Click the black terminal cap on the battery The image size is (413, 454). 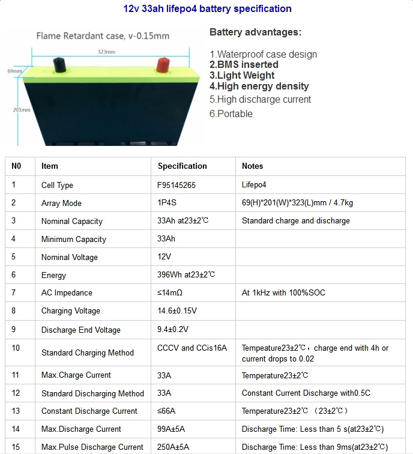point(59,65)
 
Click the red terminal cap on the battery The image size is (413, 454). point(163,65)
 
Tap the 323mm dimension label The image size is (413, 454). point(106,52)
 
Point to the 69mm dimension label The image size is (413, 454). point(15,71)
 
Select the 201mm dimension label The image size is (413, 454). point(22,110)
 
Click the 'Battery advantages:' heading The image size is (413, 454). point(255,32)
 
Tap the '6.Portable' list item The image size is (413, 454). point(231,114)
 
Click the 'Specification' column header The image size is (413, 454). point(182,166)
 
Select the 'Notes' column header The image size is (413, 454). point(252,166)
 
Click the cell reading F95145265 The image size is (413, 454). point(176,185)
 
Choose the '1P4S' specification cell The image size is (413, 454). point(167,202)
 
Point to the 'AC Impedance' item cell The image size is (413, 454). point(67,292)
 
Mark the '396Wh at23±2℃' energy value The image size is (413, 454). point(186,274)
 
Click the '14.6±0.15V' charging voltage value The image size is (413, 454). point(177,310)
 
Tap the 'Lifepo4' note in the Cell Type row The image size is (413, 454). point(254,185)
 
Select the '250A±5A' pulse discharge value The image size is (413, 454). point(173,447)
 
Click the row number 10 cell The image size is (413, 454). point(16,348)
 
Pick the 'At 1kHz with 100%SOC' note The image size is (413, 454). point(283,292)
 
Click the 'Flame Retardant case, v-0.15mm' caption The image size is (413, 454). point(103,36)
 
